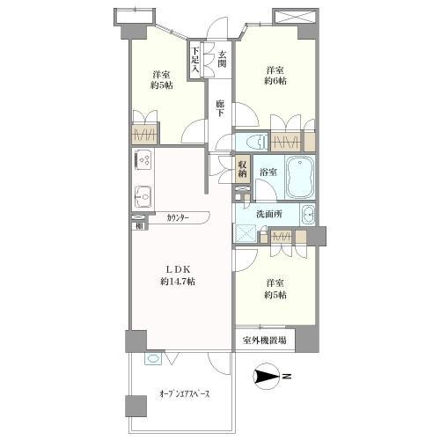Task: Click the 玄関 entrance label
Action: click(x=222, y=59)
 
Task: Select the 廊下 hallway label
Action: click(x=220, y=108)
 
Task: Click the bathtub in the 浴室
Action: click(x=300, y=178)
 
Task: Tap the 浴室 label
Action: click(x=268, y=172)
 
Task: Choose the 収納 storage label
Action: click(x=242, y=169)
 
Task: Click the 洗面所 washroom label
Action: click(x=269, y=214)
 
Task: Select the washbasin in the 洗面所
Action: click(x=308, y=216)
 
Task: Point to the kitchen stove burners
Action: click(x=144, y=159)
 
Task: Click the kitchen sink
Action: click(x=143, y=196)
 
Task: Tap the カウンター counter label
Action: click(x=178, y=217)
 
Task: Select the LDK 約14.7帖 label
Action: click(x=178, y=275)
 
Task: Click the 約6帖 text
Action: click(x=275, y=81)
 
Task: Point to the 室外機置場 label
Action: click(x=264, y=341)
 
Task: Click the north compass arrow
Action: click(x=267, y=376)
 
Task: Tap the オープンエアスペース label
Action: click(x=185, y=394)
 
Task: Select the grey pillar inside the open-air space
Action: click(x=136, y=406)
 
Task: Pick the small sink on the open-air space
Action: click(x=153, y=359)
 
